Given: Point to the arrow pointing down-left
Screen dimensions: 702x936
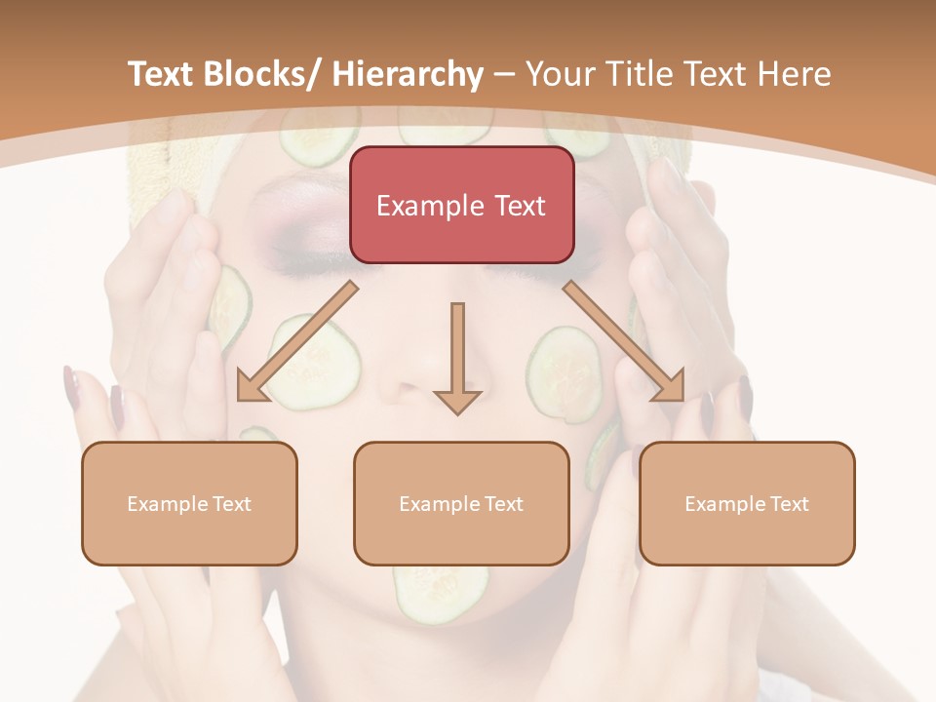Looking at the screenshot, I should tap(297, 341).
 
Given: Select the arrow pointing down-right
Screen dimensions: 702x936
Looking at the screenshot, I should tap(624, 341).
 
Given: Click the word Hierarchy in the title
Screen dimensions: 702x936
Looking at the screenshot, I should tap(408, 74).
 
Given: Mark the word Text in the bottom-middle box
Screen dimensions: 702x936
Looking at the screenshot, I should tap(502, 504).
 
